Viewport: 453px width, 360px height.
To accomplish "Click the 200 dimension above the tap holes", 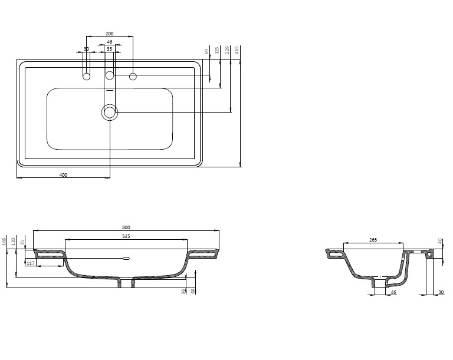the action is (110, 34).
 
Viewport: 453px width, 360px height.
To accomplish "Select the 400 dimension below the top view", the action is (63, 174).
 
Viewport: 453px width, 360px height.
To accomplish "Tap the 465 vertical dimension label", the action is (237, 50).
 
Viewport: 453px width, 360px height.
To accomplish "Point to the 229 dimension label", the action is (227, 50).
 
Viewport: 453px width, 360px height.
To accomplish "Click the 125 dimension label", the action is (217, 50).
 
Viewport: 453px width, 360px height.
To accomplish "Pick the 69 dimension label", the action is (206, 52).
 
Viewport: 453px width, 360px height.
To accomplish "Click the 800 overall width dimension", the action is (126, 227).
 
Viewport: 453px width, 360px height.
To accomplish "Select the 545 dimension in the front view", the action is (126, 236).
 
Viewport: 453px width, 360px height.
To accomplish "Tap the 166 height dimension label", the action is (4, 242).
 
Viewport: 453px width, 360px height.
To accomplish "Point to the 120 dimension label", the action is (13, 242).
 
